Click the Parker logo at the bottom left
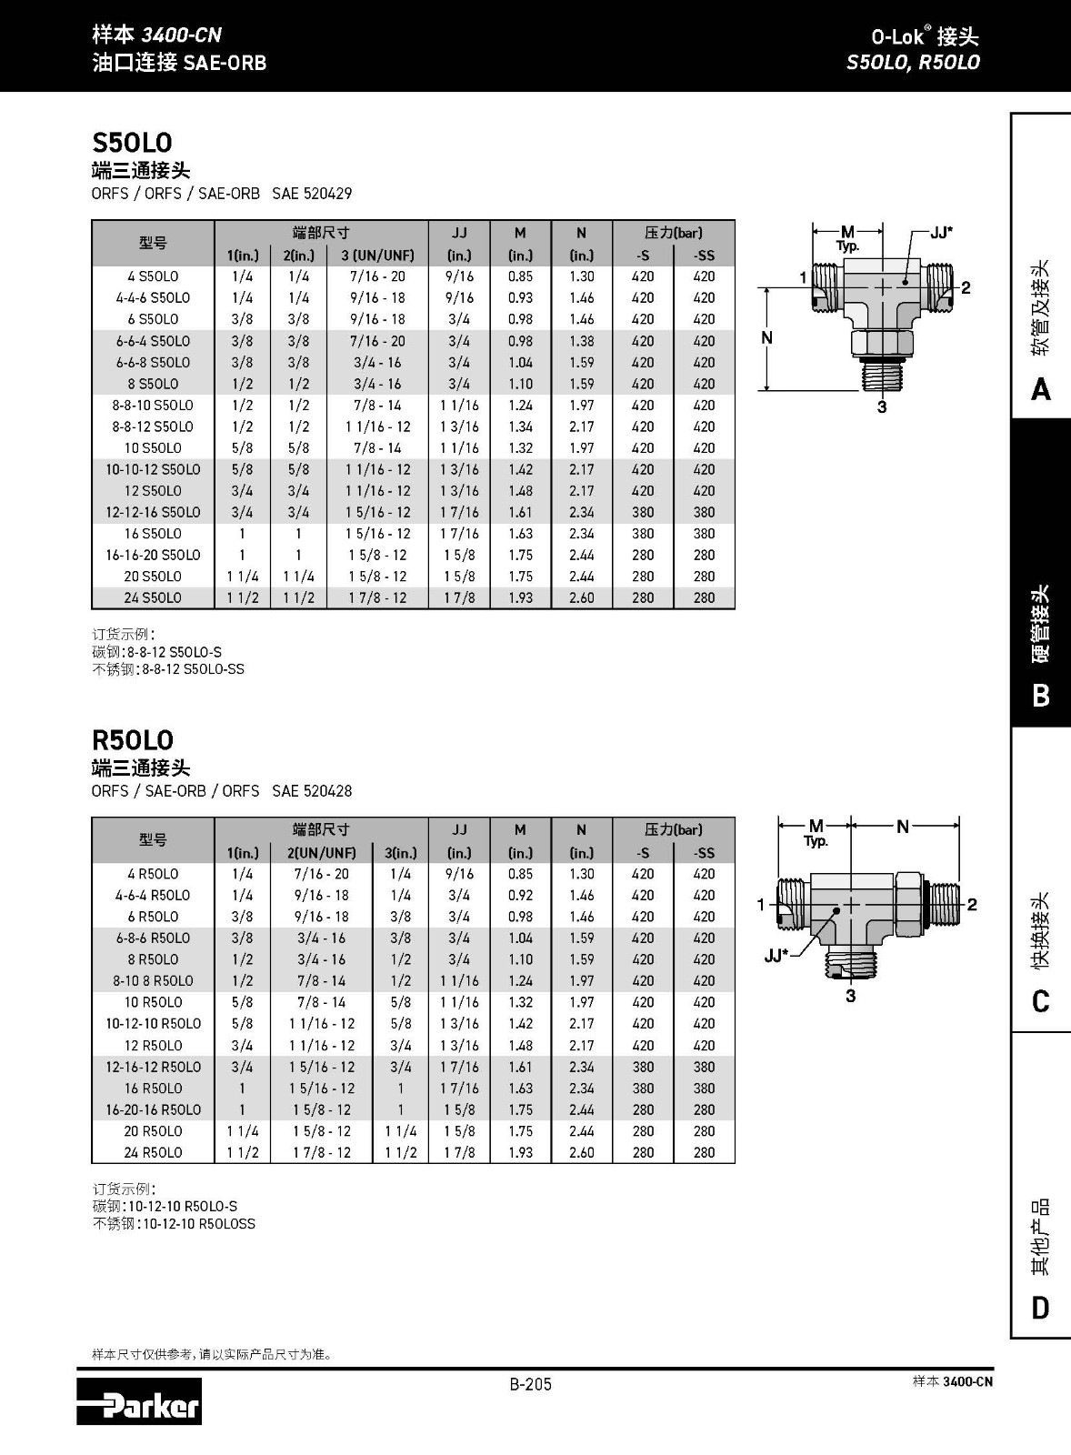[139, 1401]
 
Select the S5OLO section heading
[132, 143]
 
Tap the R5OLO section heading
[133, 740]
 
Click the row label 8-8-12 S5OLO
[153, 426]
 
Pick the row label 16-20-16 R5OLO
[153, 1109]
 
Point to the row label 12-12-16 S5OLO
[153, 512]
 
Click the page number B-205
[530, 1384]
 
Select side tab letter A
[1041, 390]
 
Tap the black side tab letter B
[1041, 696]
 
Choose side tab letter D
[1041, 1309]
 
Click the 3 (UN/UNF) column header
[377, 256]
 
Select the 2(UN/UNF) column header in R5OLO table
[322, 853]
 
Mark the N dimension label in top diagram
[766, 338]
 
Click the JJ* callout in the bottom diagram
[775, 956]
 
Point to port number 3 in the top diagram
[881, 407]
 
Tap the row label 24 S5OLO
[153, 597]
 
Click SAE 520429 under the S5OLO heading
[312, 194]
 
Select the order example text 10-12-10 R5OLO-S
[190, 1206]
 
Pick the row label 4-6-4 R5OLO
[153, 895]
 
